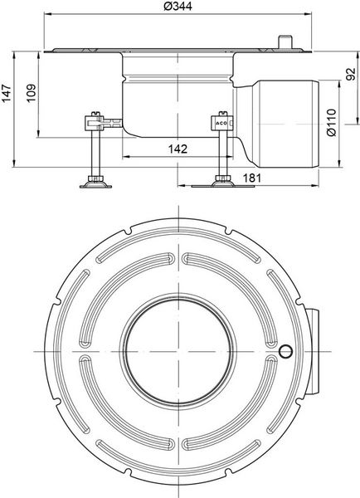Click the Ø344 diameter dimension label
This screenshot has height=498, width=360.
(178, 6)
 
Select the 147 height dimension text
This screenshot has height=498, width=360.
(7, 93)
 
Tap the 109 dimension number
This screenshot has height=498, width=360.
(32, 93)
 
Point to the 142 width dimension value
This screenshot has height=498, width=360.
(178, 149)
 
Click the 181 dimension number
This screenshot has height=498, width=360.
(251, 178)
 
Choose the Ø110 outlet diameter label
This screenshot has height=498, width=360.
(332, 123)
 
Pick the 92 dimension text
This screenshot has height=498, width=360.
(351, 75)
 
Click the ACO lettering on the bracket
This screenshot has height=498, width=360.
(221, 123)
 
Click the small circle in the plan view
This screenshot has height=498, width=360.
(285, 352)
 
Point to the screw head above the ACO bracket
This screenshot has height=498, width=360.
(223, 114)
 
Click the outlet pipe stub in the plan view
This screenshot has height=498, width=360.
(313, 352)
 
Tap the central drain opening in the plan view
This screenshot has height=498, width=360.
(179, 352)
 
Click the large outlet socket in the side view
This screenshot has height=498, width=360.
(289, 124)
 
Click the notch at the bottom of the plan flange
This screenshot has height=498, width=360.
(129, 472)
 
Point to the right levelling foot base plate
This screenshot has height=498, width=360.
(223, 185)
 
